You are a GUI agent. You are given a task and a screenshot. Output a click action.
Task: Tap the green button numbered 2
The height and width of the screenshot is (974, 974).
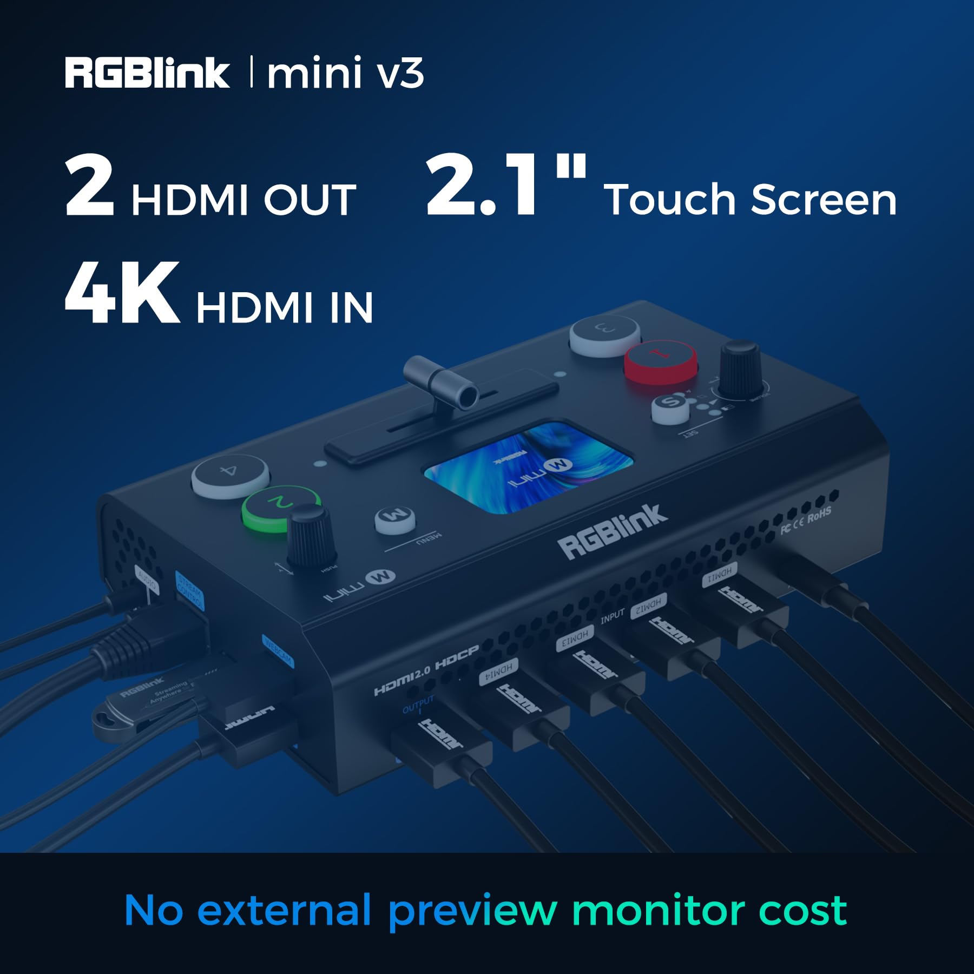[x=280, y=508]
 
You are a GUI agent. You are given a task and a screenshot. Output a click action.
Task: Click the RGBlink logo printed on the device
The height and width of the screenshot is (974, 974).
[x=614, y=531]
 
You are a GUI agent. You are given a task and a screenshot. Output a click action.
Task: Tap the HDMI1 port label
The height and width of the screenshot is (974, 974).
[x=720, y=575]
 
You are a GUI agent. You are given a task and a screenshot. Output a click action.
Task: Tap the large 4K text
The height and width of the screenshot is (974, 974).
[x=122, y=293]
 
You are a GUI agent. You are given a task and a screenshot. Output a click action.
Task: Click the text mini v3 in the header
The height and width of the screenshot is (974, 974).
[x=345, y=74]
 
